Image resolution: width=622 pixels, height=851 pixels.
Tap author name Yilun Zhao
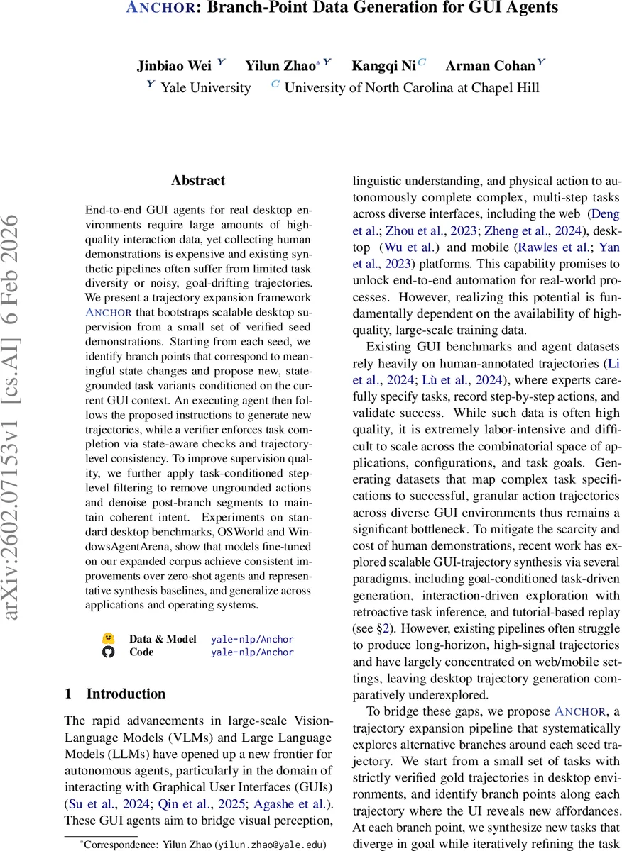(x=280, y=67)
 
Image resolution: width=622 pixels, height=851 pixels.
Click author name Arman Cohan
(x=490, y=67)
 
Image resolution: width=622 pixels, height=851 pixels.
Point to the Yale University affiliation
(x=205, y=88)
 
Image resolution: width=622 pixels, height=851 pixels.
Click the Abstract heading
(x=198, y=181)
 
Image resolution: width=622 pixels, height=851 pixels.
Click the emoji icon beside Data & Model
(x=108, y=639)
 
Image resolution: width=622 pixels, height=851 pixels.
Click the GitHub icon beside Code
(x=108, y=652)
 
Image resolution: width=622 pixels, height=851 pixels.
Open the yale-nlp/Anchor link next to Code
(x=252, y=652)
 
